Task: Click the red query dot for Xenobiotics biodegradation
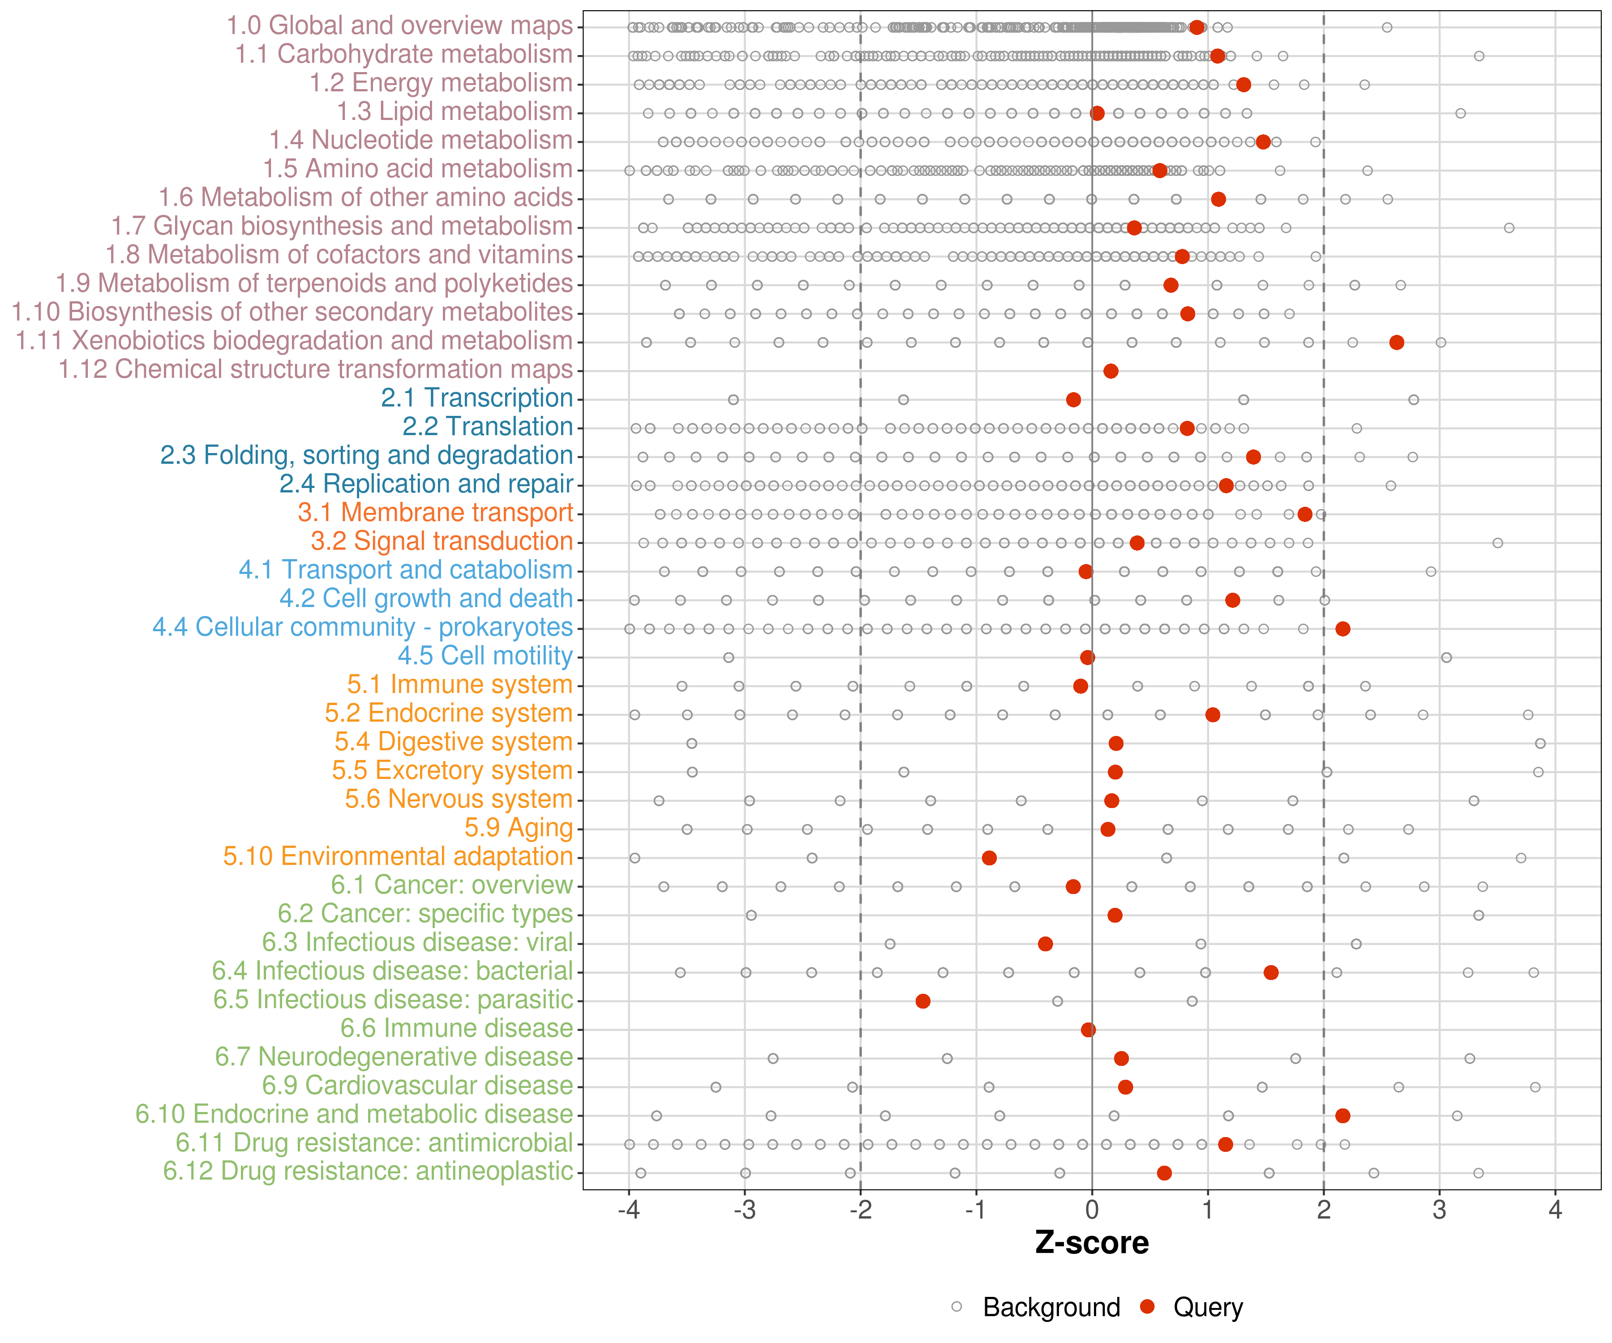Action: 1396,342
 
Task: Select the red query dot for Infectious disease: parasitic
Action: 923,1001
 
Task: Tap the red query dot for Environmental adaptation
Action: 989,857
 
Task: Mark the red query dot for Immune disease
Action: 1088,1029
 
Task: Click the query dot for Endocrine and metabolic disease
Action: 1342,1115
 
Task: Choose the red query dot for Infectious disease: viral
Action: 1045,943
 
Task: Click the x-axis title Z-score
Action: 1092,1242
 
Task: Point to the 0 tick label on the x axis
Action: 1092,1210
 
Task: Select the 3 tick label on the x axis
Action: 1439,1210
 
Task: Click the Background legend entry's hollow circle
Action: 956,1307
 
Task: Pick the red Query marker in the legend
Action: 1148,1307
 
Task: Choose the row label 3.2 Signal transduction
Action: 442,541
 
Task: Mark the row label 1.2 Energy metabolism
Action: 441,83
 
